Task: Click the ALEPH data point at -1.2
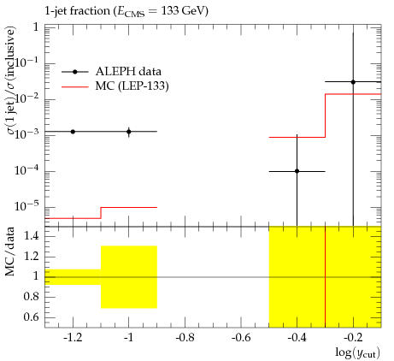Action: tap(73, 132)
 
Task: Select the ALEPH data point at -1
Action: tap(129, 132)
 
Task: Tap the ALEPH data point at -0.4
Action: tap(297, 171)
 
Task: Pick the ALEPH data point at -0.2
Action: tap(353, 82)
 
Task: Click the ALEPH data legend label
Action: tap(128, 71)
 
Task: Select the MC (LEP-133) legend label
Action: tap(132, 86)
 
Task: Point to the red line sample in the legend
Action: tap(75, 86)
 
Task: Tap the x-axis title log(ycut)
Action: tap(357, 352)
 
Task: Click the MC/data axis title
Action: tap(10, 252)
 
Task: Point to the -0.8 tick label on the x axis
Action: tap(185, 338)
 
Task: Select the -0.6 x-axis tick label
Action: tap(241, 338)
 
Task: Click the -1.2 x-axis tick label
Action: tap(73, 338)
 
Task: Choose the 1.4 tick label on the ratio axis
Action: tap(31, 236)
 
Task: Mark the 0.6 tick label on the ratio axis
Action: tap(31, 317)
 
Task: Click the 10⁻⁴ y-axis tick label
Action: tap(26, 169)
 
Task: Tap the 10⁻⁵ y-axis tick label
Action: tap(26, 205)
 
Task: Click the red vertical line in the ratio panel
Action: tap(325, 277)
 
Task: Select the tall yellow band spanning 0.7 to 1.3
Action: tap(129, 277)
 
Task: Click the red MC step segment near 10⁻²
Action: tap(353, 94)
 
